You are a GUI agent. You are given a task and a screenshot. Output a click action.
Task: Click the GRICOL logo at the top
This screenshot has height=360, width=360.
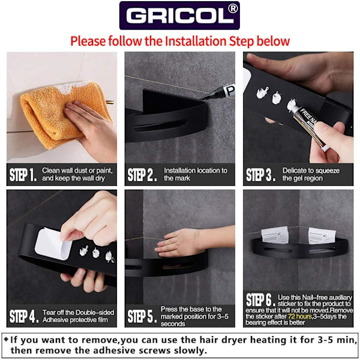pyautogui.click(x=179, y=16)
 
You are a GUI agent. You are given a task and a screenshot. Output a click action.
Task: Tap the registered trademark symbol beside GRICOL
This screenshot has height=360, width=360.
pyautogui.click(x=233, y=9)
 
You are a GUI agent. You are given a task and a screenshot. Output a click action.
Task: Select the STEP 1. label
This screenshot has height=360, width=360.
pyautogui.click(x=23, y=175)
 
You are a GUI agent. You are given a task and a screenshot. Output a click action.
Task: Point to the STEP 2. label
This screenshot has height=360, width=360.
pyautogui.click(x=142, y=175)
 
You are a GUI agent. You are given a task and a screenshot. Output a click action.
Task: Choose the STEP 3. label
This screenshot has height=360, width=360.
pyautogui.click(x=261, y=175)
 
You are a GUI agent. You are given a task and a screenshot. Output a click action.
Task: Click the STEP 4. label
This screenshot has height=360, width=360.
pyautogui.click(x=24, y=316)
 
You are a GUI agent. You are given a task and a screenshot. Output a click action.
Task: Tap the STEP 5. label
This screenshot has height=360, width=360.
pyautogui.click(x=142, y=316)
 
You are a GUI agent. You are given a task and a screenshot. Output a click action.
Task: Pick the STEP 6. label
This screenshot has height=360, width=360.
pyautogui.click(x=260, y=299)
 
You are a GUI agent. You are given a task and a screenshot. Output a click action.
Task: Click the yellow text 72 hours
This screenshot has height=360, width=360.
pyautogui.click(x=299, y=316)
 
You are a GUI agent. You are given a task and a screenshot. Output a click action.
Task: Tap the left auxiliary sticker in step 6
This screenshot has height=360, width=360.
pyautogui.click(x=275, y=235)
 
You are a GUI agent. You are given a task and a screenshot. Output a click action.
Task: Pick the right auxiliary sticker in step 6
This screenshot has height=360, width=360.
pyautogui.click(x=320, y=236)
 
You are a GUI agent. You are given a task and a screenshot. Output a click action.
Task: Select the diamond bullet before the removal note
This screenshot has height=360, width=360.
pyautogui.click(x=6, y=339)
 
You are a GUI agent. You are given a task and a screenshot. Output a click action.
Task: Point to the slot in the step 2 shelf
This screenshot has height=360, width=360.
pyautogui.click(x=160, y=125)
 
